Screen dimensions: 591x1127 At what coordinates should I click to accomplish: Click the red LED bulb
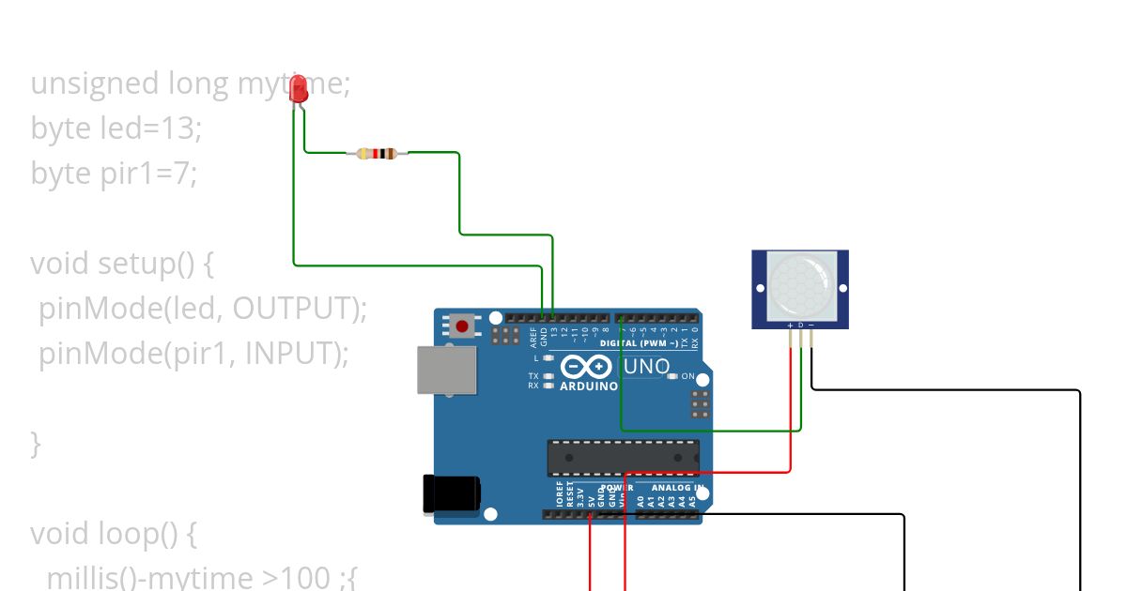tap(300, 90)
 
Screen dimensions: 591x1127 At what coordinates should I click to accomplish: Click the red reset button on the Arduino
tap(462, 326)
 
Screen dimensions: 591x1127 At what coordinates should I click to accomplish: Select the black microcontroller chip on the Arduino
tap(624, 458)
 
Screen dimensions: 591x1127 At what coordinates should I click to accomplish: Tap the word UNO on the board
tap(647, 367)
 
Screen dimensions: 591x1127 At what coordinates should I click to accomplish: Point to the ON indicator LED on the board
tap(672, 376)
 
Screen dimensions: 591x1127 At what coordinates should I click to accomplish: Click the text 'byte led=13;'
tap(116, 129)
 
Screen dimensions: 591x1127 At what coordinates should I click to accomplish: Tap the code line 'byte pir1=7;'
tap(114, 174)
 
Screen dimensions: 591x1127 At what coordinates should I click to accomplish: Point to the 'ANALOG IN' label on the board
tap(671, 488)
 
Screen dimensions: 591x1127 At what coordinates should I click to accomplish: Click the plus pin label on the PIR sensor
tap(790, 325)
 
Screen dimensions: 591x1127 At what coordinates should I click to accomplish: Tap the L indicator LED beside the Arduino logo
tap(548, 358)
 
